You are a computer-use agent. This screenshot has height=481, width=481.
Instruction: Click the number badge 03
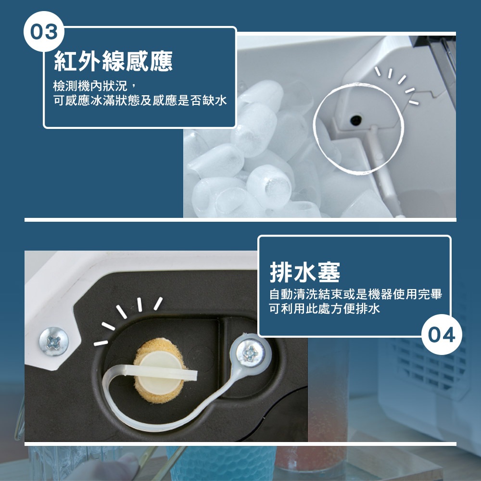(44, 32)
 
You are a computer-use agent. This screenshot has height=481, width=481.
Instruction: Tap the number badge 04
(442, 334)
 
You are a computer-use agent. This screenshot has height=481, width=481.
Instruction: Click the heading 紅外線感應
(113, 61)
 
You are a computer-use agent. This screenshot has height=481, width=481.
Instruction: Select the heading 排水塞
(305, 272)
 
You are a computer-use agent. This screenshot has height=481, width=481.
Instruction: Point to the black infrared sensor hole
(355, 120)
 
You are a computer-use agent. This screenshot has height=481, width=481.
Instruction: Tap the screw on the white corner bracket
(54, 342)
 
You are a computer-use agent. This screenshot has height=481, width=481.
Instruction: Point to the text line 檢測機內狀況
(90, 86)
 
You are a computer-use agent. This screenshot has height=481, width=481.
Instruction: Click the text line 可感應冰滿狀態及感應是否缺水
(140, 101)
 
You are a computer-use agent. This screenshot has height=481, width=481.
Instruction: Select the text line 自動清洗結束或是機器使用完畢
(355, 294)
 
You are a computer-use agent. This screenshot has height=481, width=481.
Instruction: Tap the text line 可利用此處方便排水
(324, 308)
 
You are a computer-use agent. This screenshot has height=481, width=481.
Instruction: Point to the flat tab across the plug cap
(160, 372)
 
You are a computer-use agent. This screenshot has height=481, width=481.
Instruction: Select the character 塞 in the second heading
(329, 272)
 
